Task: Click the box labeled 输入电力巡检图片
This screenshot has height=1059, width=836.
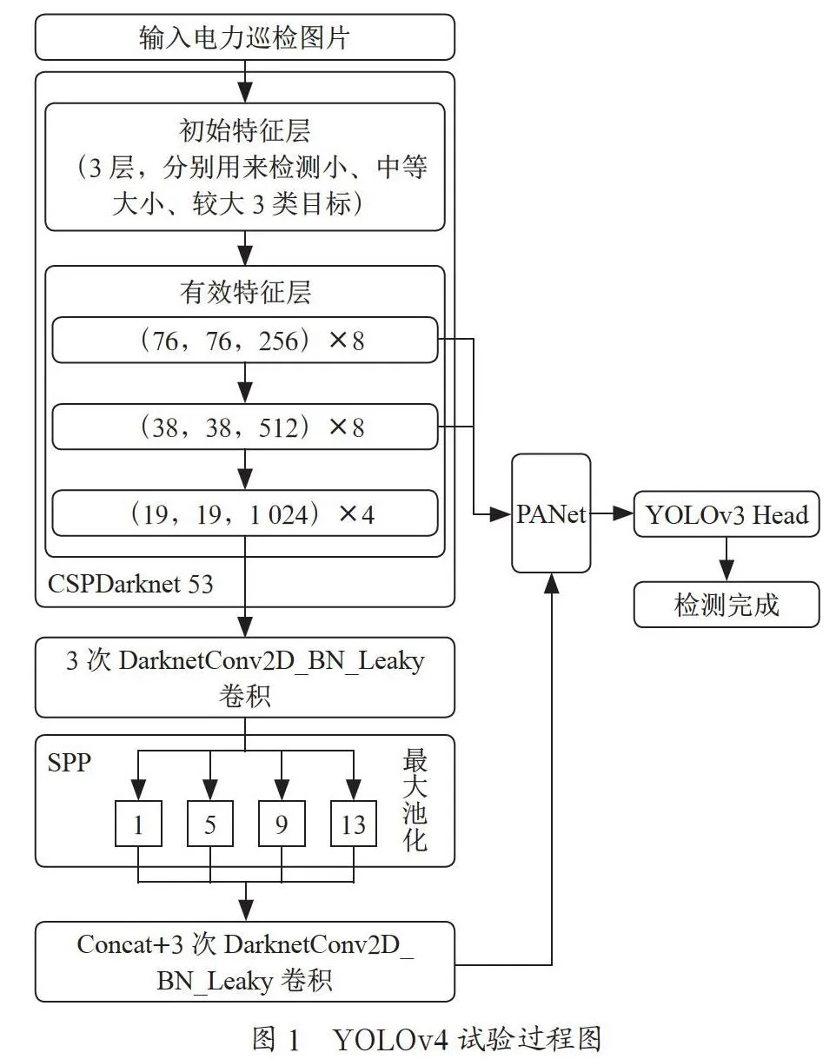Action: coord(245,36)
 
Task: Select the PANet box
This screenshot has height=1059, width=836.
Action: coord(551,513)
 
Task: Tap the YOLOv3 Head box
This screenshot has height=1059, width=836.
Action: coord(727,513)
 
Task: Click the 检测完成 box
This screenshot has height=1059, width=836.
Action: coord(727,605)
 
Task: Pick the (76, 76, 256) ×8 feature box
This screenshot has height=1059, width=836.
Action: coord(245,340)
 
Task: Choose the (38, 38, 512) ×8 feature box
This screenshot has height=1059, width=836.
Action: coord(245,427)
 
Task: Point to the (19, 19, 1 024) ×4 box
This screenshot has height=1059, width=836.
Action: coord(245,513)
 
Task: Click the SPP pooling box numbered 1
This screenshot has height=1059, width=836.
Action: coord(138,824)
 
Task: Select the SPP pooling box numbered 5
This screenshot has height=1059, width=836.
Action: coord(210,824)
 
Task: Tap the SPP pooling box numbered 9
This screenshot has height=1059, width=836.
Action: coord(282,824)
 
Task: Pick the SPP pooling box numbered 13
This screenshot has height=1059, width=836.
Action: coord(354,824)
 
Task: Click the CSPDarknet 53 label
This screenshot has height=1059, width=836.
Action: coord(130,584)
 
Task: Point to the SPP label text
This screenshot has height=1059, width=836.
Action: coord(69,764)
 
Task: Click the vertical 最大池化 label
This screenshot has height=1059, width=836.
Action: coord(415,800)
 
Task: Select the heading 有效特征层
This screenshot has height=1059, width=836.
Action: coord(245,292)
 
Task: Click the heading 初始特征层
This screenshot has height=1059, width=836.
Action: coord(245,130)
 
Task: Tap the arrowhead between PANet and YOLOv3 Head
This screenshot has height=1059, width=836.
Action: coord(622,513)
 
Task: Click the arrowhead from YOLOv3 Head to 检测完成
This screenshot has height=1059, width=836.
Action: coord(727,571)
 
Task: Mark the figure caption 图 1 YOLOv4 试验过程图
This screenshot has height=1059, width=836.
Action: coord(427,1039)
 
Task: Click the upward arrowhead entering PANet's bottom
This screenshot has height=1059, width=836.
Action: coord(552,584)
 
